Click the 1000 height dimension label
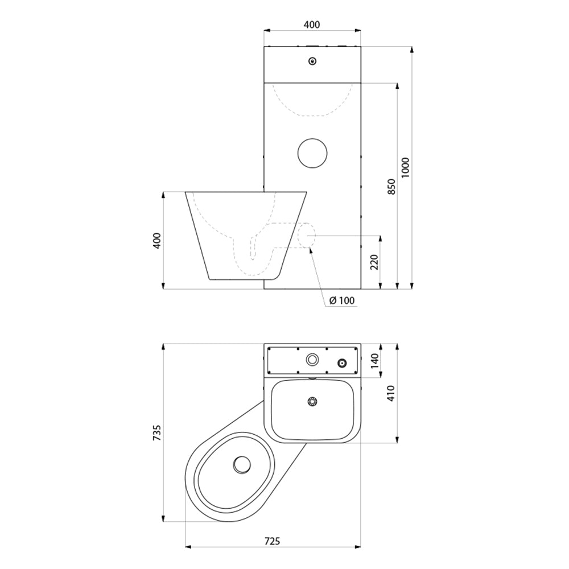click(405, 167)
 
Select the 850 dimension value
click(391, 186)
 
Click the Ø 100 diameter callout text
click(341, 300)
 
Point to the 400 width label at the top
click(312, 24)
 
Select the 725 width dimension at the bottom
click(272, 541)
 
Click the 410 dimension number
click(391, 393)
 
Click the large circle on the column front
click(312, 154)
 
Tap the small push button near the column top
click(312, 61)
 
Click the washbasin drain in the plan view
click(312, 401)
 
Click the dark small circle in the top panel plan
click(343, 362)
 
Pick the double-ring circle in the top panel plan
click(312, 359)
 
